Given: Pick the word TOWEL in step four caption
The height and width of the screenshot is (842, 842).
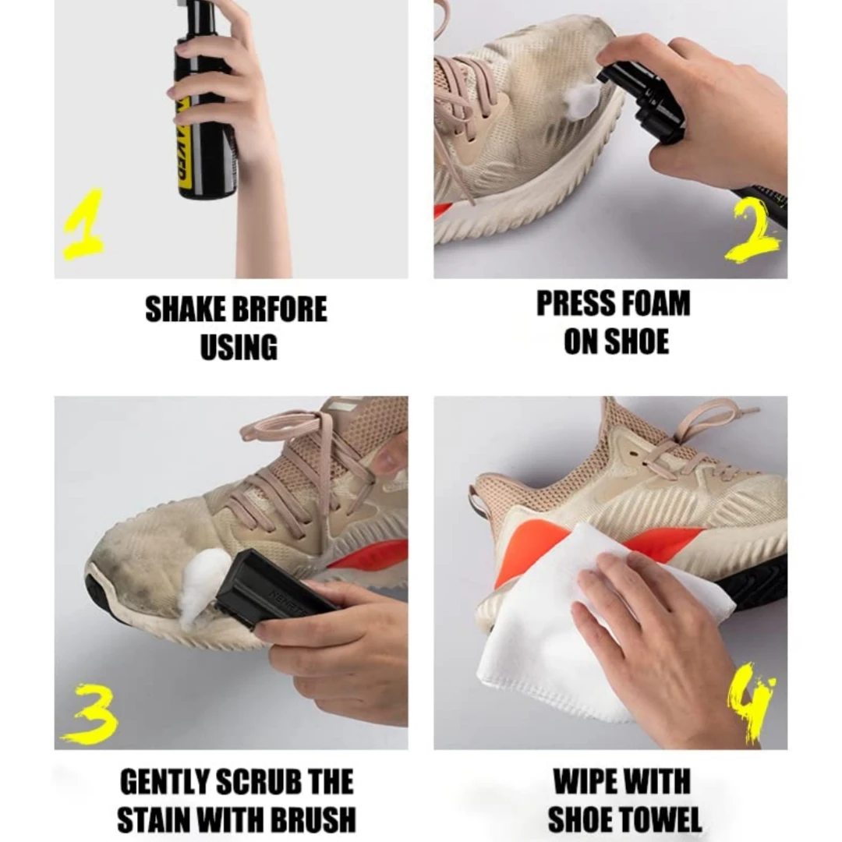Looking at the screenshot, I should pyautogui.click(x=663, y=819).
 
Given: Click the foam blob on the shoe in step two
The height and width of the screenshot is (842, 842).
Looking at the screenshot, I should pyautogui.click(x=582, y=101).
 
